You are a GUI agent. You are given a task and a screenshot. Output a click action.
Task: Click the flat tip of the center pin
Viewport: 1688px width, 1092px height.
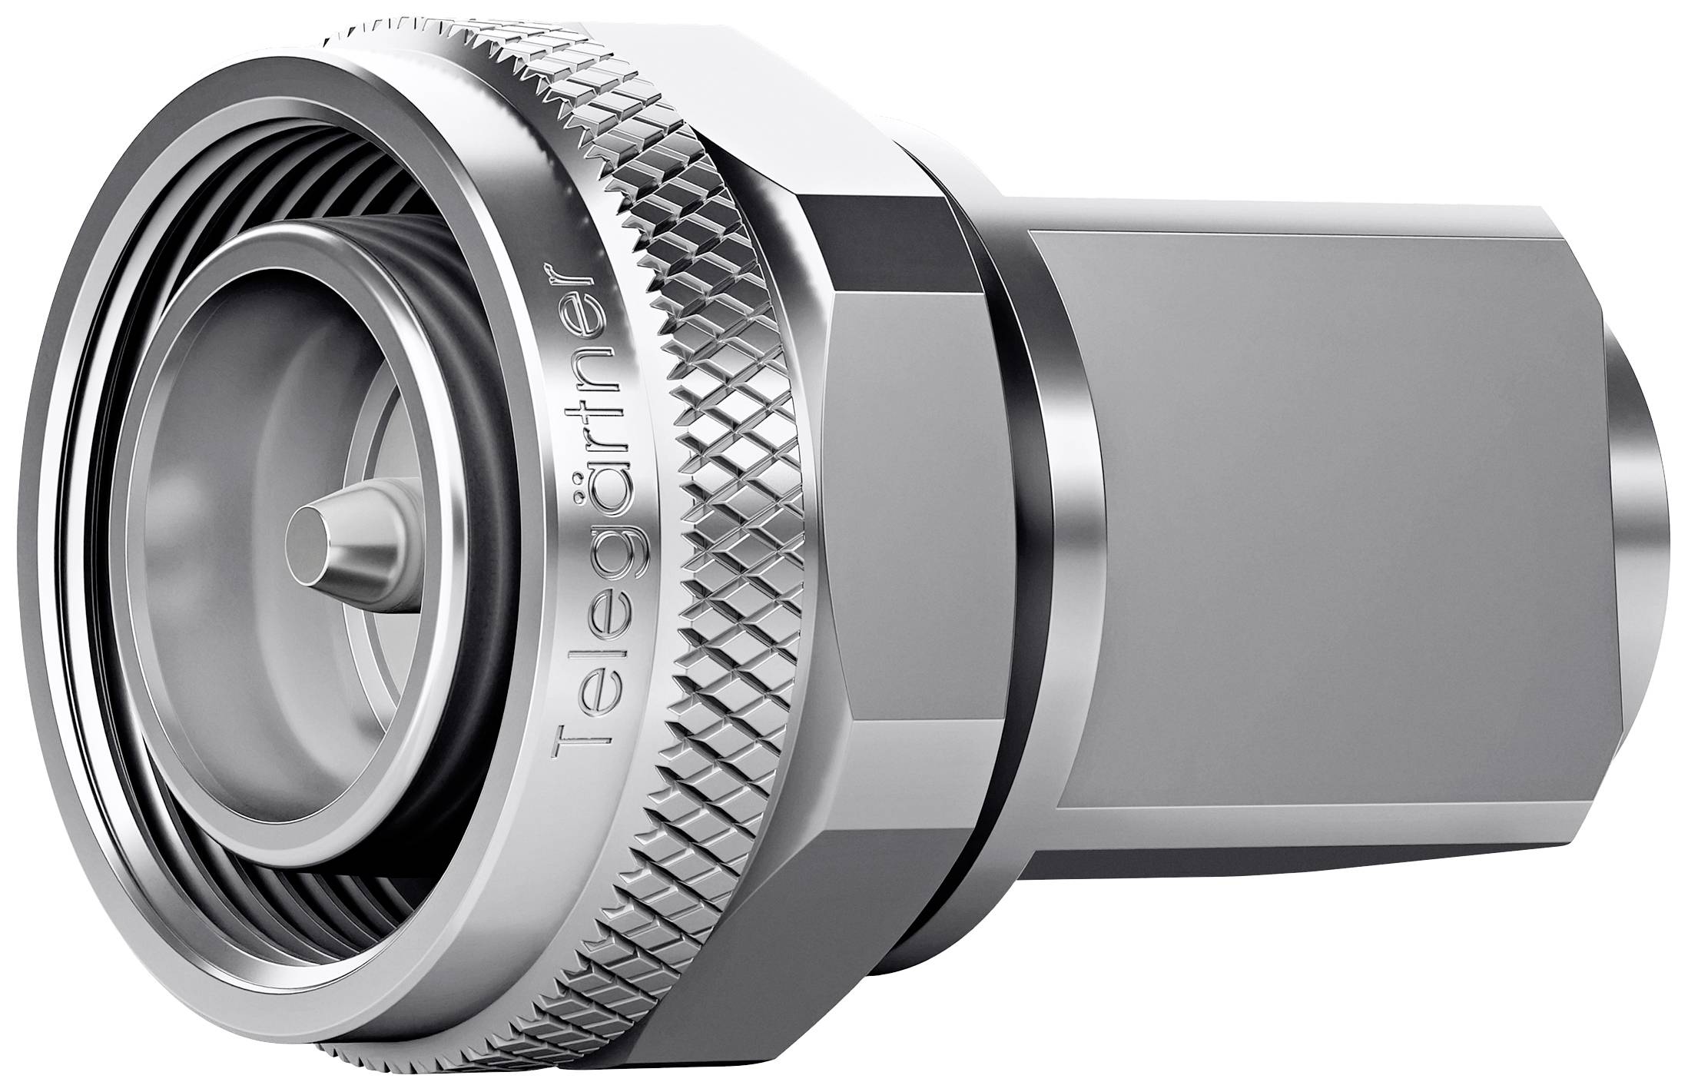pos(306,542)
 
